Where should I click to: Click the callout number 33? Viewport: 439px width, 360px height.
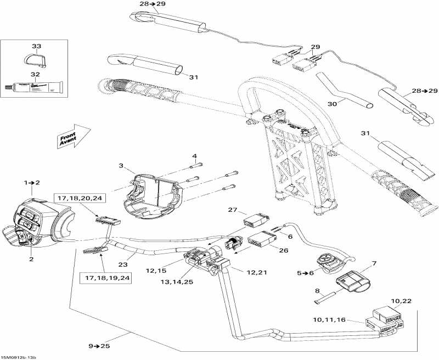pos(36,46)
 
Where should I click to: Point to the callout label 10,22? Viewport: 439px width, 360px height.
pos(401,301)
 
